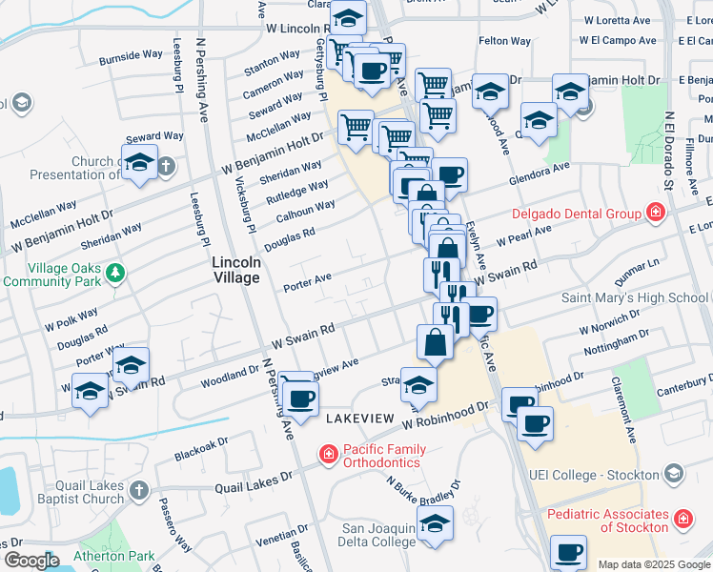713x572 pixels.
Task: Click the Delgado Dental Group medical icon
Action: [655, 212]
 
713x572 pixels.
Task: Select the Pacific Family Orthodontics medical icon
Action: [329, 451]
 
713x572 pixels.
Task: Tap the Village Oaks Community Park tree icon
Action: [115, 274]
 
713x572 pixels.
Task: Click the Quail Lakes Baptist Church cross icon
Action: [138, 491]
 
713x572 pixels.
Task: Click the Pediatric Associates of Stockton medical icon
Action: [682, 520]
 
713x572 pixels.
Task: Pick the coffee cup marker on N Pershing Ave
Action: [301, 398]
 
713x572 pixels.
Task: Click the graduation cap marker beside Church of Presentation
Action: [139, 163]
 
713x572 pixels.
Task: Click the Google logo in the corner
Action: [32, 561]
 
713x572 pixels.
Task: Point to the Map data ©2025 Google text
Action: [654, 564]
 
